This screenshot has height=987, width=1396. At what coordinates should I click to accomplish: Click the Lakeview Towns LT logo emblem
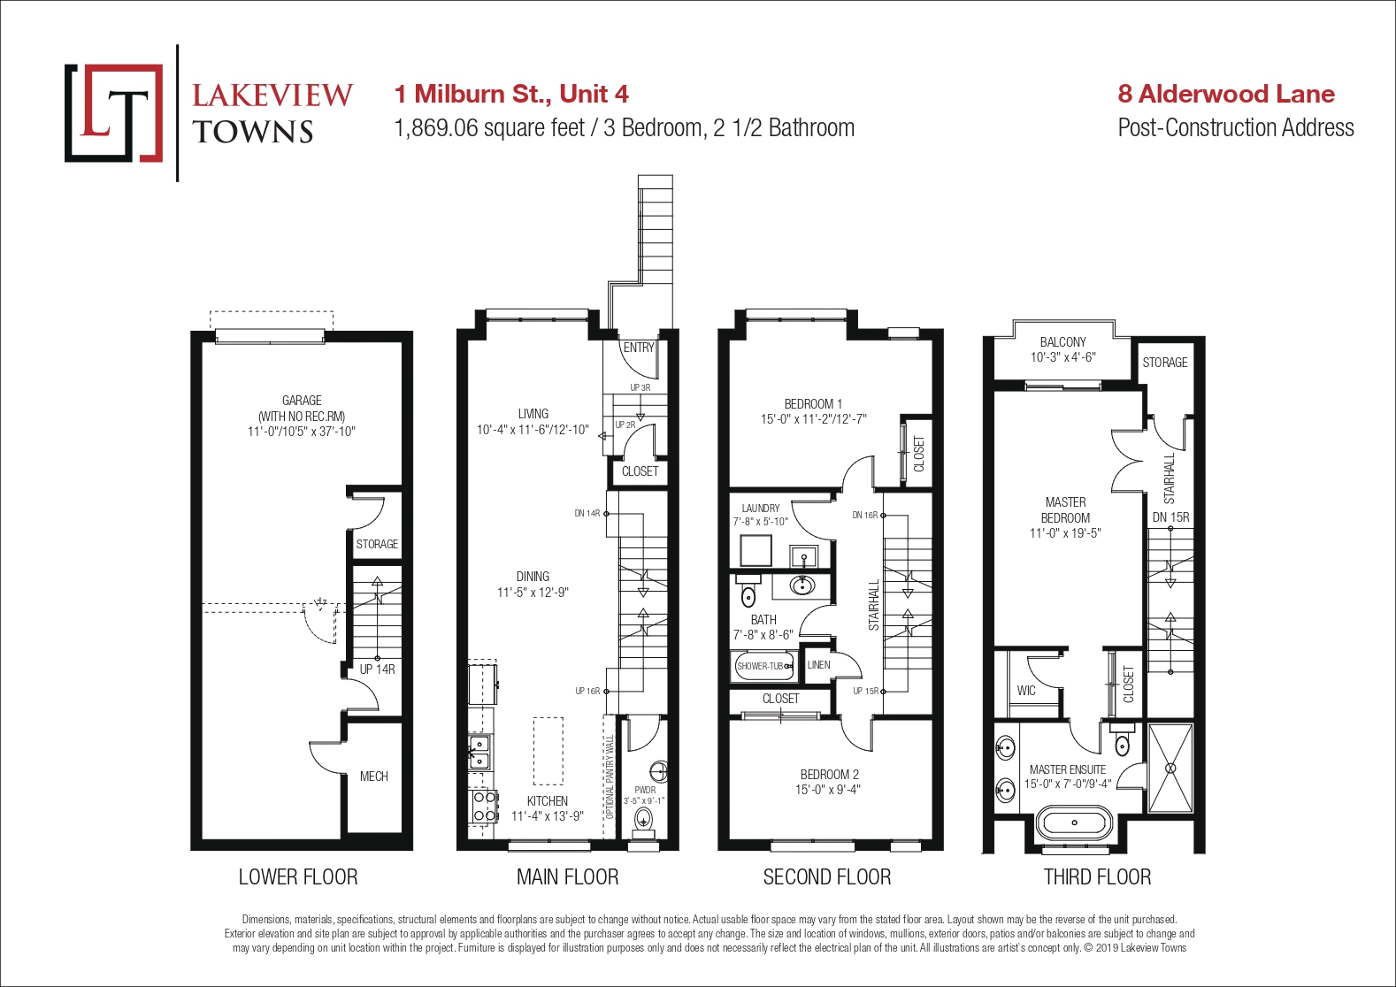pos(113,113)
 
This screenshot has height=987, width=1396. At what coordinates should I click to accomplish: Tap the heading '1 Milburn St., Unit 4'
pos(511,94)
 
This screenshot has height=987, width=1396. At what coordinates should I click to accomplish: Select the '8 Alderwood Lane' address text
pos(1226,94)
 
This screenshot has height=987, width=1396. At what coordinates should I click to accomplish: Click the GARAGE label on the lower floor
pos(302,400)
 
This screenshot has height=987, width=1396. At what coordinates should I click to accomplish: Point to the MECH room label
pos(374,777)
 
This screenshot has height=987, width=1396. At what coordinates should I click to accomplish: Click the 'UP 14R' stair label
pos(377,669)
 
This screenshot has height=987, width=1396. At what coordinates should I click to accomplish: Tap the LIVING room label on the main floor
pos(533,413)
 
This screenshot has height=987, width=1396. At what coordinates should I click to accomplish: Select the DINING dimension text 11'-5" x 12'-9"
pos(533,592)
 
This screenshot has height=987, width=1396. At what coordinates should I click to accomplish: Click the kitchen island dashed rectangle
pos(548,751)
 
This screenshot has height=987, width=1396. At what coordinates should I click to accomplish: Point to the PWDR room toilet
pos(643,817)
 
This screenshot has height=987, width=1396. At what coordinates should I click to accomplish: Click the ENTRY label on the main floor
pos(639,347)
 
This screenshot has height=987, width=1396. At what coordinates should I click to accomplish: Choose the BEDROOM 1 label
pos(813,404)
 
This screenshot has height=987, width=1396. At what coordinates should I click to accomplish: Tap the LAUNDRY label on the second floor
pos(760,508)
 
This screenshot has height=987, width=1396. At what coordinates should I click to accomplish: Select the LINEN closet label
pos(818,665)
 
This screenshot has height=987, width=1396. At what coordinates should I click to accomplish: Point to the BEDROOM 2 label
pos(830,775)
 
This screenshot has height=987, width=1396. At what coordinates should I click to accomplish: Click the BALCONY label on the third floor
pos(1062,342)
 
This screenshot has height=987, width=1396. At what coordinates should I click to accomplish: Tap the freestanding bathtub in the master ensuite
pos(1074,822)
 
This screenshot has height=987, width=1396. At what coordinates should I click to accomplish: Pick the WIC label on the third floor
pos(1026,691)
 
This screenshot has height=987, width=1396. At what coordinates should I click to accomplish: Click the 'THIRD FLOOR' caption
pos(1098,877)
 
